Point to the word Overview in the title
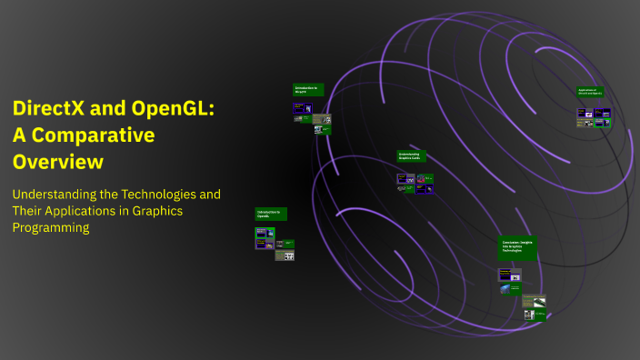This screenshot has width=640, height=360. point(57,162)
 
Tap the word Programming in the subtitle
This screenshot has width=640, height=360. point(50,227)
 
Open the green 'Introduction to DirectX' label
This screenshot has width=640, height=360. point(306,90)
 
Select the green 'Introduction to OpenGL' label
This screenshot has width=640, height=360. point(271,215)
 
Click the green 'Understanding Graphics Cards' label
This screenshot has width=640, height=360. point(411,156)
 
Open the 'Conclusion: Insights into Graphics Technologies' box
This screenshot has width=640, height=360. point(517,248)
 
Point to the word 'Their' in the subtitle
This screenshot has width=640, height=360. point(28,211)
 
